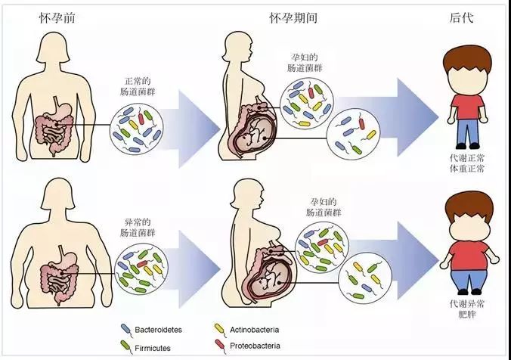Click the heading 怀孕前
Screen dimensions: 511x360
click(57, 17)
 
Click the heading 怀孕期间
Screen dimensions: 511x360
click(293, 17)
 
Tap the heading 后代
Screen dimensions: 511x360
click(461, 17)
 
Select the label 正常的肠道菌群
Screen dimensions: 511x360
click(138, 86)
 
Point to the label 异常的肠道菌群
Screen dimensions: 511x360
click(138, 228)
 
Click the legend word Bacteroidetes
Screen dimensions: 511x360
click(159, 330)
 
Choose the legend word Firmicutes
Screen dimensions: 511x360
click(153, 348)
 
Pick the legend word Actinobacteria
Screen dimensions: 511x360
click(255, 330)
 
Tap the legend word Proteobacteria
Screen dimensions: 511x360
click(255, 346)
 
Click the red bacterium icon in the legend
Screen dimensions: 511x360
click(220, 346)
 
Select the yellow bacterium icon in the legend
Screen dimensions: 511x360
click(219, 329)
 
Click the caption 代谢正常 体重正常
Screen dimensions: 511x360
click(467, 163)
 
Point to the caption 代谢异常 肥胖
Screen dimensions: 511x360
click(467, 309)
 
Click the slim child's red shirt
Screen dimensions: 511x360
click(467, 107)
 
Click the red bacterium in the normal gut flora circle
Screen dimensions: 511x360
click(141, 118)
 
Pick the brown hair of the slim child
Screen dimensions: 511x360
click(466, 61)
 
